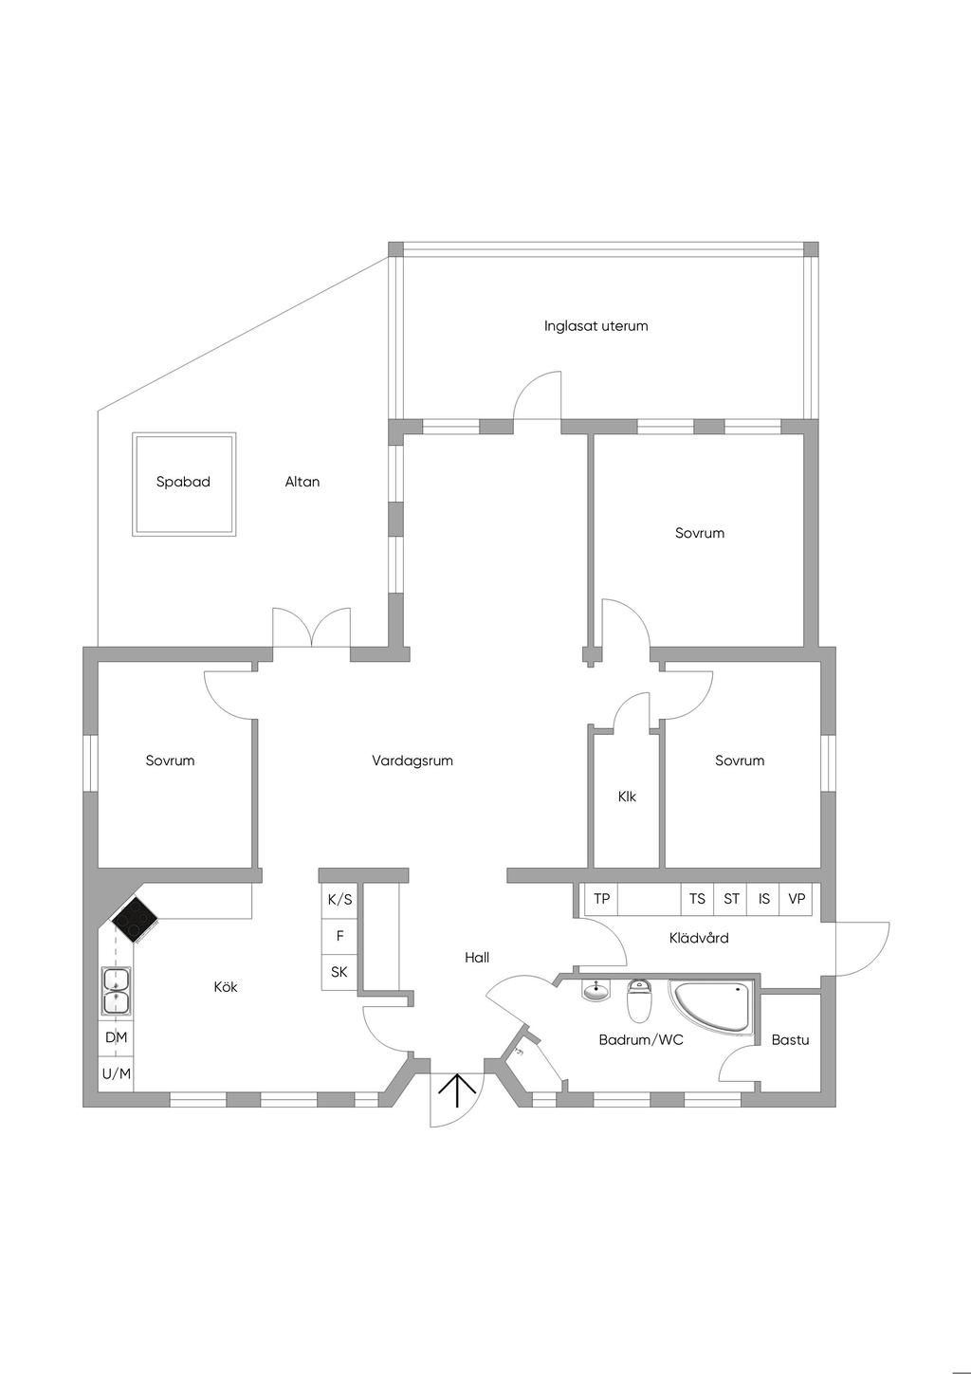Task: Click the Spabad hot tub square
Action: coord(184,484)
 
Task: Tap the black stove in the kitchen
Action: coord(135,919)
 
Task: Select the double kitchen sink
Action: coord(117,992)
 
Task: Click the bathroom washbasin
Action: coord(596,992)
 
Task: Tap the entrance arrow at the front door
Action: coord(457,1090)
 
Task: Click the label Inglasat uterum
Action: coord(595,326)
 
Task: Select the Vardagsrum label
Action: coord(412,760)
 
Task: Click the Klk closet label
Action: coord(627,797)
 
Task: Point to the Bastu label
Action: coord(790,1040)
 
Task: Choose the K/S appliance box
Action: coord(339,900)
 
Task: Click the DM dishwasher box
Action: coord(117,1037)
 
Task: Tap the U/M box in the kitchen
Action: coord(117,1074)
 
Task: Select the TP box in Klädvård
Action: coord(601,899)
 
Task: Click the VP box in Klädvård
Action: coord(797,899)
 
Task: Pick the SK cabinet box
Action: coord(339,972)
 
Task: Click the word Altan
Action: coord(302,482)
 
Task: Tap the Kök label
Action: coord(226,987)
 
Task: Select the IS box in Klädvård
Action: coord(764,899)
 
